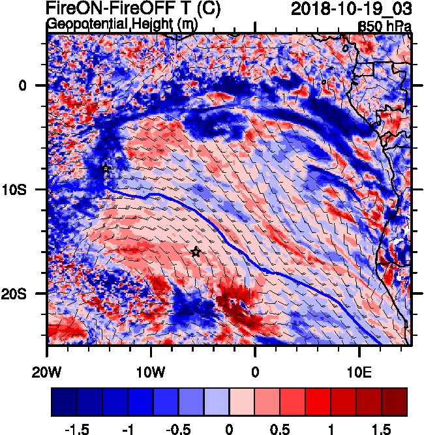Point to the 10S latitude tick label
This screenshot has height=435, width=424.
tap(26, 189)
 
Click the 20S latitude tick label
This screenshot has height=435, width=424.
tap(26, 293)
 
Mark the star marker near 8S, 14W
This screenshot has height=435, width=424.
tap(106, 168)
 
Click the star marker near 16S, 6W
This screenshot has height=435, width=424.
tap(196, 252)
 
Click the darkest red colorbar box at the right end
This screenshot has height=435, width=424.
tap(394, 402)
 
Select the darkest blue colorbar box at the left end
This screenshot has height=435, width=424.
tap(64, 402)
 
